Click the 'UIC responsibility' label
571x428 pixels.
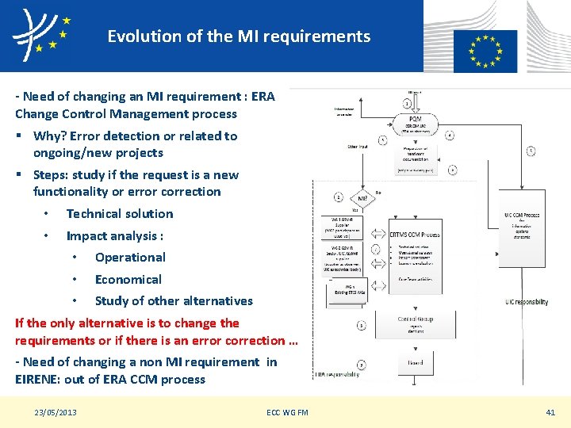526,302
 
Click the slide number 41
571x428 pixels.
550,412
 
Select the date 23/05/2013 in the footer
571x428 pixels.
56,412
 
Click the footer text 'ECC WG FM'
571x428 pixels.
287,412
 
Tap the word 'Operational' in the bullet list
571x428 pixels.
130,258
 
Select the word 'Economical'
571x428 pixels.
128,279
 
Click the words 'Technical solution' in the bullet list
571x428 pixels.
119,214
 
